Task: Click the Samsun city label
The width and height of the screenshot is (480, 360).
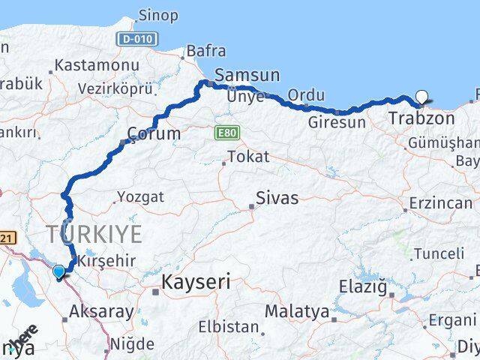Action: (x=247, y=75)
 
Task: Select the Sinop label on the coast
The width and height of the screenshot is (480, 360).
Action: (x=158, y=15)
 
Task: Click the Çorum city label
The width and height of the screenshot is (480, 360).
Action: (x=154, y=134)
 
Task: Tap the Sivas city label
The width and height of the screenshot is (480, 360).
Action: (x=277, y=199)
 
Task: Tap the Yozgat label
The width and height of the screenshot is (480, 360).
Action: (x=139, y=197)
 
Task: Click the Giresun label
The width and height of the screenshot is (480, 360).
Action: (x=337, y=121)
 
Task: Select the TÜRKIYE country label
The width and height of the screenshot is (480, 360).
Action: (x=96, y=234)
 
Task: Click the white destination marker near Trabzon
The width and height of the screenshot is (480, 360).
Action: (x=422, y=97)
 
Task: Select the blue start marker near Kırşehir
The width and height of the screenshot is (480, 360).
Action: (x=58, y=271)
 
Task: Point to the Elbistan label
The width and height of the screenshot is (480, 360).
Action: (x=227, y=327)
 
